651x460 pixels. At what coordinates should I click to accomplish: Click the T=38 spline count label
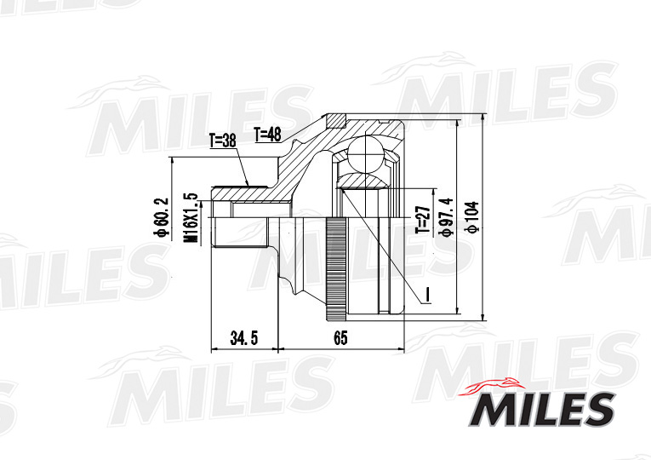(x=222, y=141)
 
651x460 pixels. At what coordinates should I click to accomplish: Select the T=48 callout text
(x=268, y=134)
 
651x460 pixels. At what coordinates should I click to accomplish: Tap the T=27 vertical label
(x=420, y=219)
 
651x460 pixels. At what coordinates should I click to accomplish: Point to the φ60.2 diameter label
(x=161, y=219)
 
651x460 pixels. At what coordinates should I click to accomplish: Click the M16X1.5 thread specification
(x=189, y=219)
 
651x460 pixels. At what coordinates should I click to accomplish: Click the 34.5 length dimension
(x=243, y=338)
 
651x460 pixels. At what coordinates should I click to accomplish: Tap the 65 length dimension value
(x=340, y=338)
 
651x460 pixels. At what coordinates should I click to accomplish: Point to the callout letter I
(x=427, y=294)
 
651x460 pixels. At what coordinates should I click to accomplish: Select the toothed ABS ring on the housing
(x=336, y=267)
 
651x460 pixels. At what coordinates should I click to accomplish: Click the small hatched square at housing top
(x=337, y=119)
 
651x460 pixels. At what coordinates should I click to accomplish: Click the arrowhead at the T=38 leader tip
(x=248, y=184)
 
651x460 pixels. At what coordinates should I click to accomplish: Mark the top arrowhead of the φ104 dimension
(x=483, y=120)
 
